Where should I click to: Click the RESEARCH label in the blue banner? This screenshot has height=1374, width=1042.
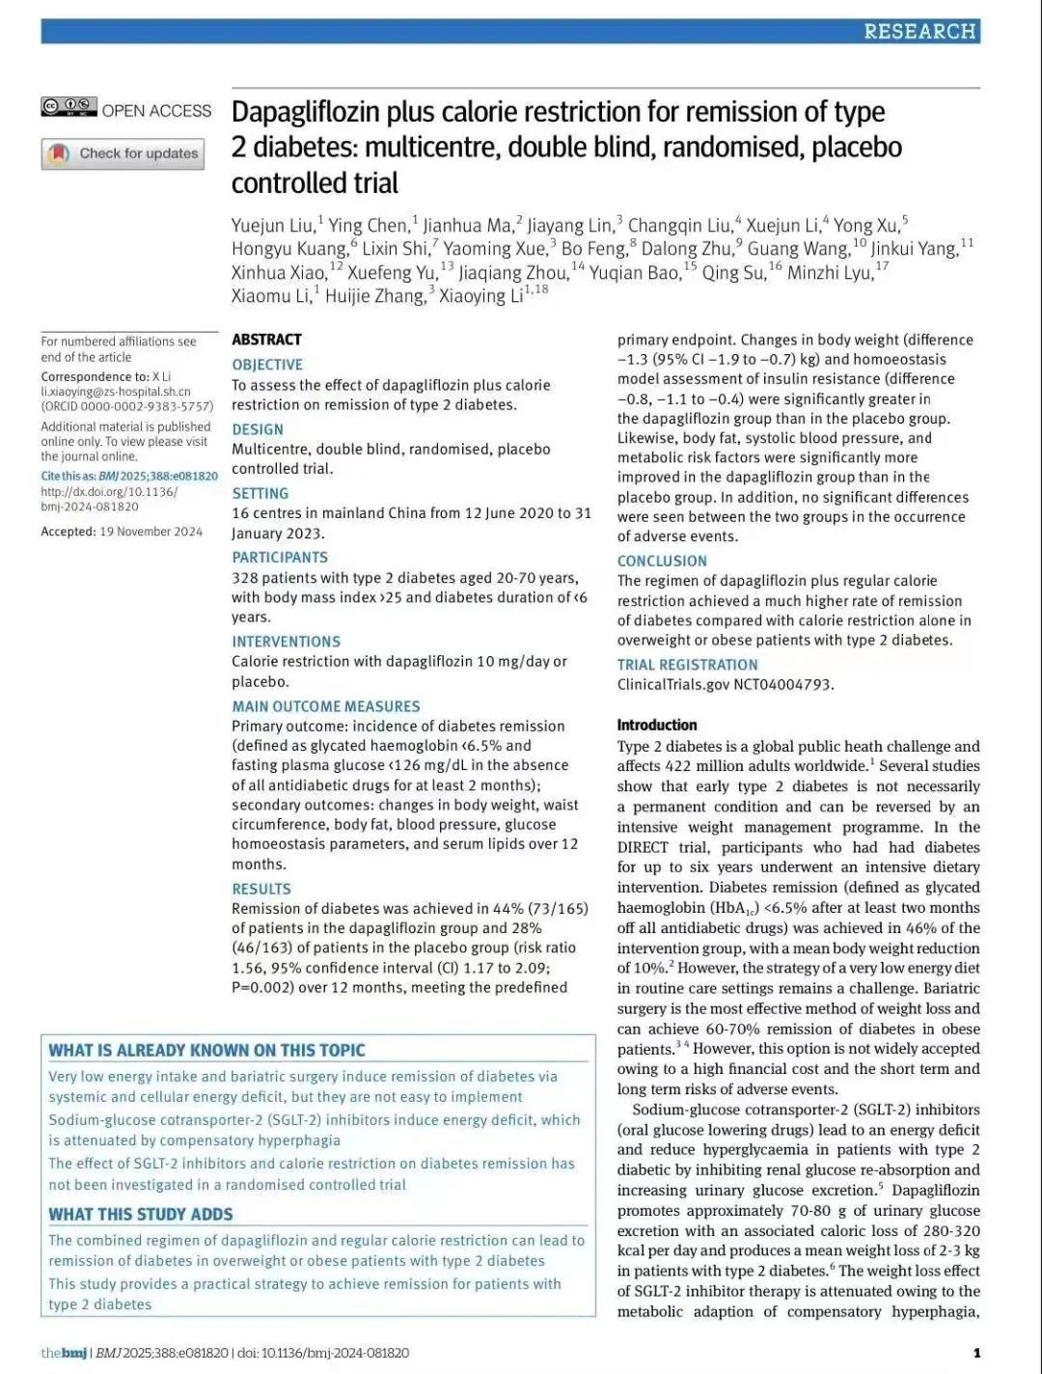tap(919, 32)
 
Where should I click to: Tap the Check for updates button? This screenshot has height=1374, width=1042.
tap(123, 153)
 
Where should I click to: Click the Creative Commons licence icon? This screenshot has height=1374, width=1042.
tap(69, 107)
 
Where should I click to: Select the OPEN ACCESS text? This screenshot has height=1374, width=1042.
tap(156, 111)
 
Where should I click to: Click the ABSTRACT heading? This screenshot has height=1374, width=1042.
tap(266, 340)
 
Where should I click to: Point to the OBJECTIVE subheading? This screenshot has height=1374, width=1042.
tap(267, 365)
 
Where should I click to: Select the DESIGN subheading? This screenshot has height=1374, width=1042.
tap(258, 429)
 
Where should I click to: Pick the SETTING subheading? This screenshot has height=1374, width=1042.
tap(260, 493)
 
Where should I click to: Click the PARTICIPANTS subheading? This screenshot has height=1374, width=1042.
tap(280, 558)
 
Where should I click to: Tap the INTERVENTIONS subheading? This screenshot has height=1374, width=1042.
tap(286, 642)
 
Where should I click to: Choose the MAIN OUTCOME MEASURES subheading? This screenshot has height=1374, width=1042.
tap(326, 706)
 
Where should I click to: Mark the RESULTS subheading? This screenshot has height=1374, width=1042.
tap(261, 889)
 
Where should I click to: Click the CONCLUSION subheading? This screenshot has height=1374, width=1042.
tap(662, 561)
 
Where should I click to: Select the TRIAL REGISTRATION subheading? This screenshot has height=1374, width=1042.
tap(687, 665)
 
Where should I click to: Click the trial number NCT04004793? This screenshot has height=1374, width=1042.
tap(783, 685)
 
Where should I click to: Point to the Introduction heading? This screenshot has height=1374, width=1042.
tap(657, 725)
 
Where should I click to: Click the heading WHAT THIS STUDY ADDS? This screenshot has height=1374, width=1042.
tap(141, 1214)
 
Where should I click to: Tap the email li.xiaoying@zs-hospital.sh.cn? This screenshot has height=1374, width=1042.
tap(116, 392)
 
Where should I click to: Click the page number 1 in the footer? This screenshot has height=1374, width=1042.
tap(976, 1353)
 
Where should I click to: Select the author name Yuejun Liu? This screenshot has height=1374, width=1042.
tap(273, 226)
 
